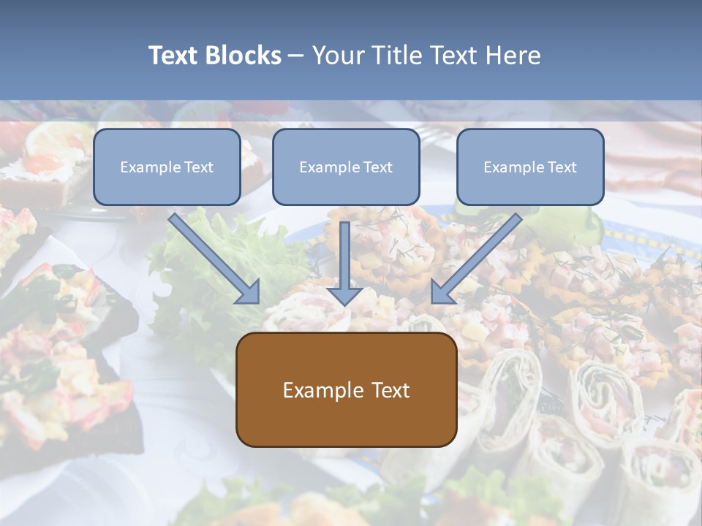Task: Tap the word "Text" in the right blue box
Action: coord(562,167)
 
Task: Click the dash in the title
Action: coord(296,56)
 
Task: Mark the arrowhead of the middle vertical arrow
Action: coord(345,294)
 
